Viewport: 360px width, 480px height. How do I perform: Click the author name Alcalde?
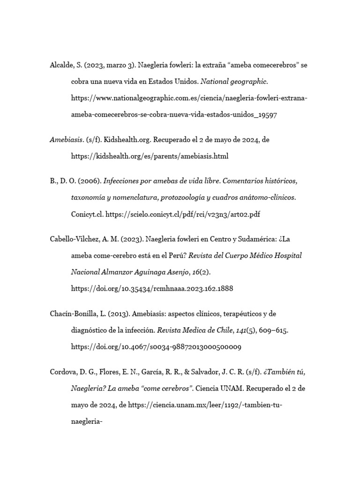[x=62, y=65]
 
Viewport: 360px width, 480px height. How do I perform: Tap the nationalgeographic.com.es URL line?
[x=189, y=98]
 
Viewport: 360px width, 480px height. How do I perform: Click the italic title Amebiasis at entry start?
[x=67, y=139]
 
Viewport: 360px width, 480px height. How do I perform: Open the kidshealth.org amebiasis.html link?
[x=150, y=156]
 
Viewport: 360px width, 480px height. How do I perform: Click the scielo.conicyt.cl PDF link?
[x=183, y=214]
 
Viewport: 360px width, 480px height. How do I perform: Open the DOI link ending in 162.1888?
[x=152, y=288]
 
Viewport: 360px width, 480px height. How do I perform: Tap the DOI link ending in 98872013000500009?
[x=156, y=346]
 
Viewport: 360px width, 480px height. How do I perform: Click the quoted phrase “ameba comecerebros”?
[x=256, y=65]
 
